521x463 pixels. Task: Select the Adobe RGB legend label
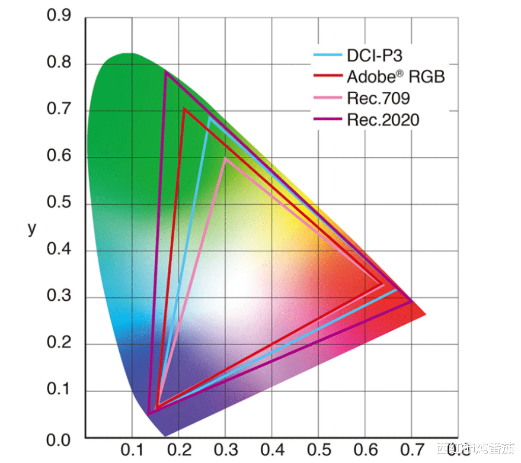[x=395, y=77]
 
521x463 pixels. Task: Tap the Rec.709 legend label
[x=378, y=98]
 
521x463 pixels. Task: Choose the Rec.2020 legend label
[x=383, y=120]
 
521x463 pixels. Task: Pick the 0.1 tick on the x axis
[x=132, y=451]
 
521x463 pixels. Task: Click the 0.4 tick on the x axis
[x=271, y=451]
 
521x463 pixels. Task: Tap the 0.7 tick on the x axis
[x=411, y=451]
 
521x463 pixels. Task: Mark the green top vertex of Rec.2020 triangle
[x=165, y=72]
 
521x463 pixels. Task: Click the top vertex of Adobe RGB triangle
[x=185, y=108]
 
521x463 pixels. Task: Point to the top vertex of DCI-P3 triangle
[x=209, y=117]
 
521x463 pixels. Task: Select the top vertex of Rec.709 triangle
[x=225, y=158]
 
